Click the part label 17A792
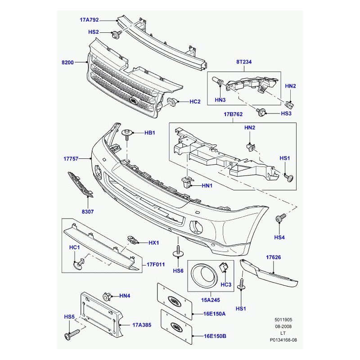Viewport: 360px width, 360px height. pos(89,20)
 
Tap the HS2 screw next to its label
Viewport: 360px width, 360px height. pos(116,33)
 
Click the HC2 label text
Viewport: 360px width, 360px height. pos(195,102)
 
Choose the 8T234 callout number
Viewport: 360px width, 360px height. pos(243,63)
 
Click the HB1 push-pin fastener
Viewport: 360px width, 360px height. pos(127,133)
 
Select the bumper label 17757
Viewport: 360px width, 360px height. pos(71,159)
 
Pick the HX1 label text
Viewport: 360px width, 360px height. pos(154,243)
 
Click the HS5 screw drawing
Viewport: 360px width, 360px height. pos(72,335)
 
